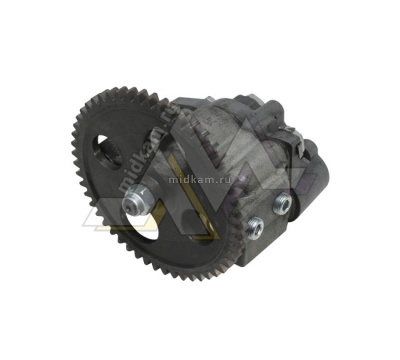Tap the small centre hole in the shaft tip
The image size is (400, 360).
click(128, 207)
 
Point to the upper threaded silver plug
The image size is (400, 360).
click(282, 202)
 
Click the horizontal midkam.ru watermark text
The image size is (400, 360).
click(199, 179)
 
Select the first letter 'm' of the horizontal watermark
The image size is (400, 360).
click(173, 180)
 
